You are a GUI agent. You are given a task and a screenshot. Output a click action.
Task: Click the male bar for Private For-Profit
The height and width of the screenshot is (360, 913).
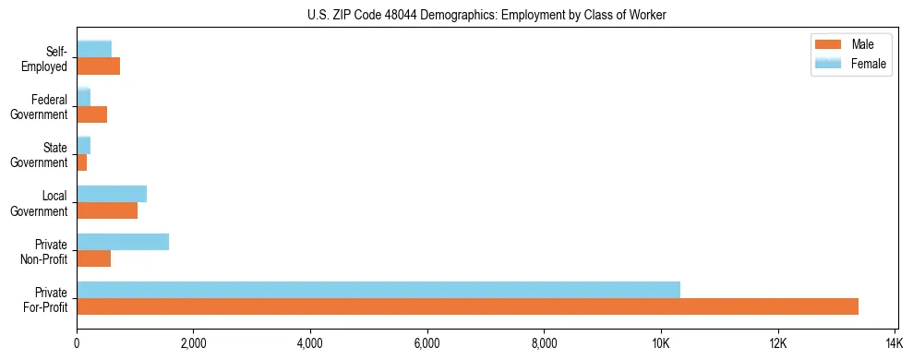coord(467,306)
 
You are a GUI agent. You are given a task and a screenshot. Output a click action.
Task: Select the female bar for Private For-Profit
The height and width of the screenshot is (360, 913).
coord(378,290)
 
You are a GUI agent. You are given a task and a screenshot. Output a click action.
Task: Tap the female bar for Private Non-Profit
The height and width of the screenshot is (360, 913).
coord(123,242)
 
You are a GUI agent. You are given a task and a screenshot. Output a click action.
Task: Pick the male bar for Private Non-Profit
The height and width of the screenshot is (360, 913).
coord(94,258)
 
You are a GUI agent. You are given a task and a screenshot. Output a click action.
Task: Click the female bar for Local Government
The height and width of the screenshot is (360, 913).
coord(112,194)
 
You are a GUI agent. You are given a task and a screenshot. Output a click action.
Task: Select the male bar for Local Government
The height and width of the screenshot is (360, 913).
coord(107,210)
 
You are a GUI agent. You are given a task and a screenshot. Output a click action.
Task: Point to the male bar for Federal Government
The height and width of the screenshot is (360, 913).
coord(92,114)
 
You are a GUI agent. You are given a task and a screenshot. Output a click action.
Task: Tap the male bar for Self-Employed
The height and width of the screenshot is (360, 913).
coord(99,66)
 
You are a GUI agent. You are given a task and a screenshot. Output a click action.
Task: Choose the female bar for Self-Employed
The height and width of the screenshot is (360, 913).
coord(94,49)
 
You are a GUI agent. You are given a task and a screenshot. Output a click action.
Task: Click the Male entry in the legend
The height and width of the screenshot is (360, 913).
coord(849,44)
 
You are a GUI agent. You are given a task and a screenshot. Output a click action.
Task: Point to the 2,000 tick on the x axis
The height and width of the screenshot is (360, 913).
coord(193,343)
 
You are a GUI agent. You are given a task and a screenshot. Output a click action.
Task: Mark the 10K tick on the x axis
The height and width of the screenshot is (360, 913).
coord(661,343)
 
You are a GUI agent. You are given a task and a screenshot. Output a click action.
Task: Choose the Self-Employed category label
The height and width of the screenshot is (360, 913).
coord(45,59)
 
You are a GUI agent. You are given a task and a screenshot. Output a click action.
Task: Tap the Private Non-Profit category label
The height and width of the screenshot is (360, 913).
coord(44,251)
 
